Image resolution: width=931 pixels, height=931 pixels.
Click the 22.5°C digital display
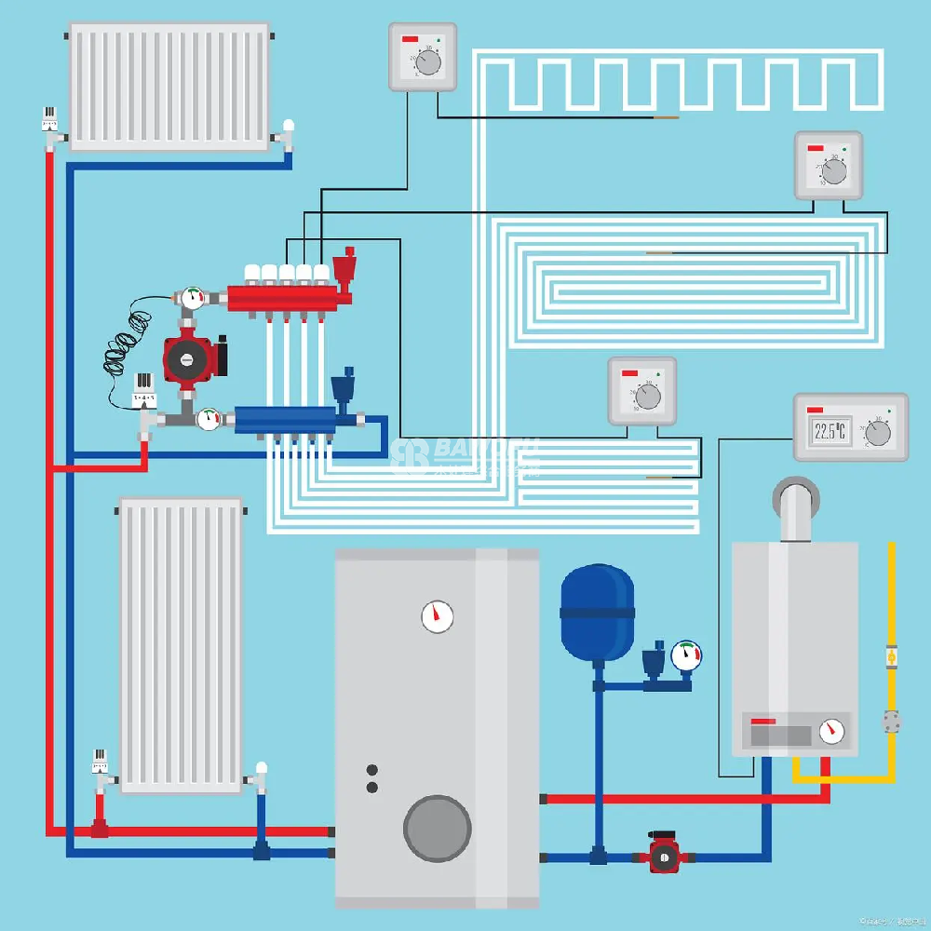click(830, 431)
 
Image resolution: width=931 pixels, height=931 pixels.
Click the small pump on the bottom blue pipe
click(665, 855)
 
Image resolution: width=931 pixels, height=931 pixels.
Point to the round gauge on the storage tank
click(437, 615)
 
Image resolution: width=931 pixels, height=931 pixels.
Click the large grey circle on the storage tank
click(437, 829)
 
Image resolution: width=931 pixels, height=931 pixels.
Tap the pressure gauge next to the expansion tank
click(686, 654)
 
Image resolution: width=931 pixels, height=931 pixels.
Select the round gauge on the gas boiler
click(834, 731)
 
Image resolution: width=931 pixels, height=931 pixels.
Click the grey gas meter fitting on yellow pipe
click(892, 721)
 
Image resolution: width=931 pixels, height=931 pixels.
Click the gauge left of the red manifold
click(194, 298)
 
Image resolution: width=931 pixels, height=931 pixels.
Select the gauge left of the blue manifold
click(209, 418)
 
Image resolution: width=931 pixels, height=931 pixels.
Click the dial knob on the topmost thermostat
click(428, 62)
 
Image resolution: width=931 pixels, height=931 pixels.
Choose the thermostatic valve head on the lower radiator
click(101, 761)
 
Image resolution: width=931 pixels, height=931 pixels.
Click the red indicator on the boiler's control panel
click(763, 722)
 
